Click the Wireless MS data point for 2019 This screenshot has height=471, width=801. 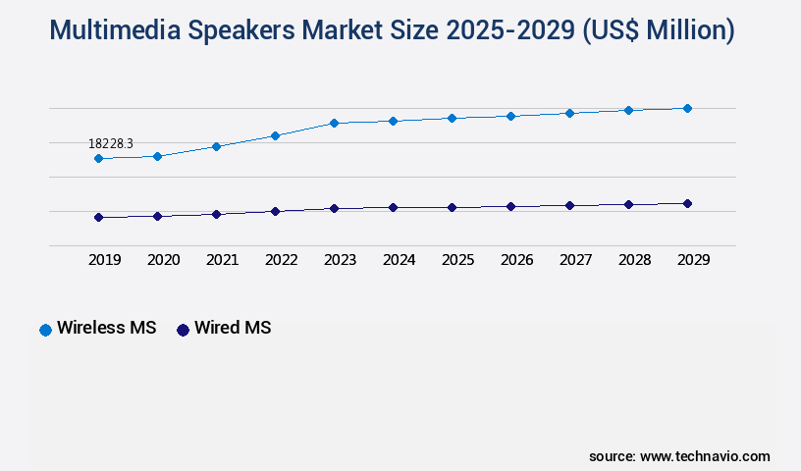point(98,158)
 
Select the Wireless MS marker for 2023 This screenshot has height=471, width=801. point(334,123)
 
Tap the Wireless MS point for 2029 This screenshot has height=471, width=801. point(687,108)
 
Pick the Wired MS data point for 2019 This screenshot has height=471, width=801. point(98,217)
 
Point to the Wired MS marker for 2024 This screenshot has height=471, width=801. point(393,207)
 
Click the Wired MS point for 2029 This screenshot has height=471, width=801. point(687,203)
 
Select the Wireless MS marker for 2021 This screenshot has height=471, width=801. point(216,146)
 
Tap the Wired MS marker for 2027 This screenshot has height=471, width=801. point(569,205)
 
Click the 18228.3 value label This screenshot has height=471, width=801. point(110,143)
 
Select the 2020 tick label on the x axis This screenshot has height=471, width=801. point(163,260)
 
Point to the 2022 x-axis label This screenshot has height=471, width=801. point(281,260)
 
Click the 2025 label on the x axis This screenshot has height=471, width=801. point(457,260)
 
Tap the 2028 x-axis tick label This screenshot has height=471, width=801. point(634,260)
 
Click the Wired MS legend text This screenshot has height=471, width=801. point(233,329)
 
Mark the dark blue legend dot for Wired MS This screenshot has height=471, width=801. point(183,330)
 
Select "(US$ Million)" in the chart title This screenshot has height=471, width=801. point(658,31)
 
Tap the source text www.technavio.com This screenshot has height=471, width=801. point(705,456)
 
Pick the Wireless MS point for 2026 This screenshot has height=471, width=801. point(510,116)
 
